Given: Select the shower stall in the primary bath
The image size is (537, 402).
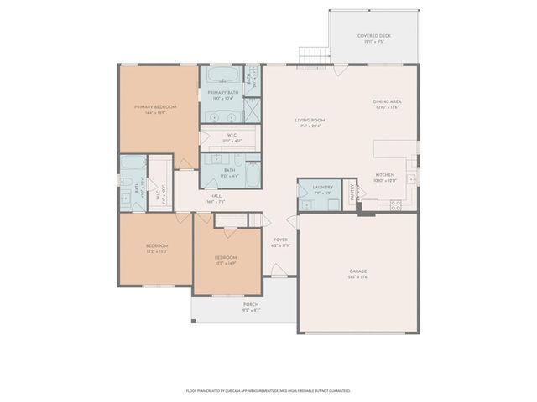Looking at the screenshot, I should [x=252, y=110].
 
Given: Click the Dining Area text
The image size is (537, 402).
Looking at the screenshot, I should [x=387, y=102].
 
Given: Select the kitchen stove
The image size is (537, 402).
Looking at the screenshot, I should [x=395, y=204].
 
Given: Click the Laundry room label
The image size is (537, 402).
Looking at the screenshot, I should [x=322, y=188].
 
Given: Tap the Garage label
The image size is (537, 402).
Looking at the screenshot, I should [x=358, y=271].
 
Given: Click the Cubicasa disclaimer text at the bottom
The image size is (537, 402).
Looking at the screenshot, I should [x=268, y=390].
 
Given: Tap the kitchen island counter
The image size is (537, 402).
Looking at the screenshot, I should [x=395, y=148].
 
